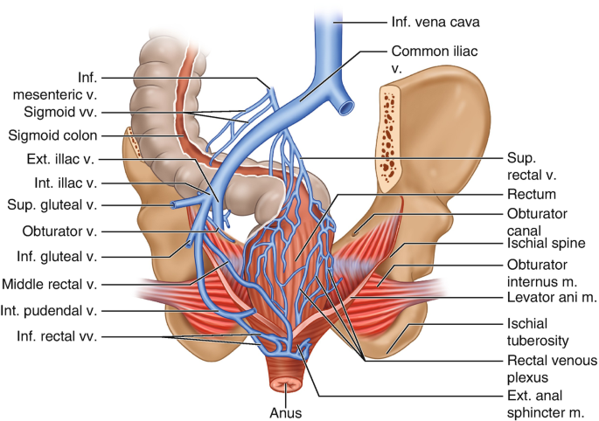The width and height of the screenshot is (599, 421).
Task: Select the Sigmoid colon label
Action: click(x=52, y=135)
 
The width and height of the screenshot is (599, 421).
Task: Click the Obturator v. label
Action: click(x=59, y=231)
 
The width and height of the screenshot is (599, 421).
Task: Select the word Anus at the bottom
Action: click(x=291, y=407)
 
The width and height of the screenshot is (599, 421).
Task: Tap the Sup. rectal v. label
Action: click(x=529, y=166)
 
